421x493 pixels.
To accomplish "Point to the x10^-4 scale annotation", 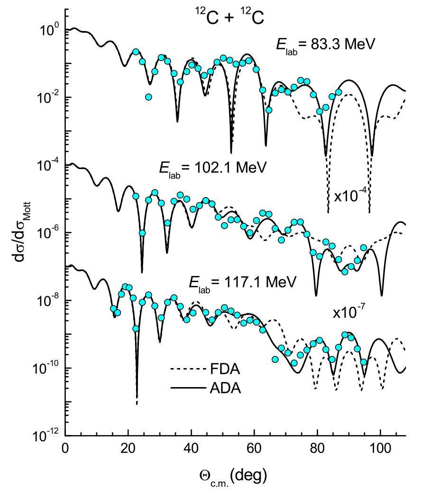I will (350, 197).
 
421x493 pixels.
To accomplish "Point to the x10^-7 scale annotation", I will (348, 313).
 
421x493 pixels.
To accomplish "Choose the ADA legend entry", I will (225, 388).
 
